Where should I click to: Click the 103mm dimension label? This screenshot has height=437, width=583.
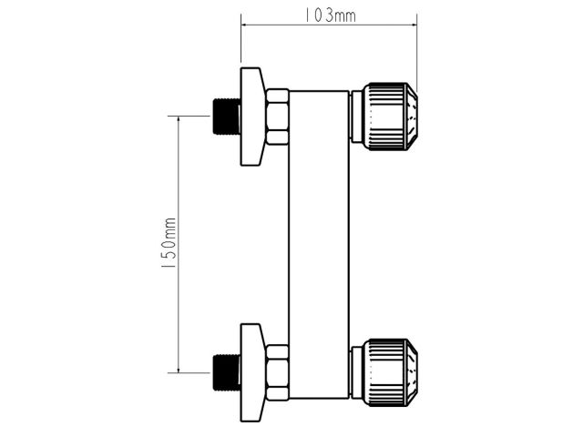click(330, 15)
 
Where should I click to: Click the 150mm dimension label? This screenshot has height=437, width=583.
click(169, 243)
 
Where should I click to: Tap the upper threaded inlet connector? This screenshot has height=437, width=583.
click(226, 116)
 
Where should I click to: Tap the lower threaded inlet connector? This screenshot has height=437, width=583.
click(226, 372)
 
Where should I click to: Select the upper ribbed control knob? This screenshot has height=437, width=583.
click(390, 117)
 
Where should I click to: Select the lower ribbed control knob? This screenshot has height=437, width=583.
click(390, 372)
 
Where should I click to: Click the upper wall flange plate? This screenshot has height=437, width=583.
click(253, 117)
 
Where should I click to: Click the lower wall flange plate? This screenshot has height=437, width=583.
click(253, 372)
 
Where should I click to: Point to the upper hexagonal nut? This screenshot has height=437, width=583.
click(277, 117)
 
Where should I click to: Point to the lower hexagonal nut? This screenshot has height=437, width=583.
click(277, 372)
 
